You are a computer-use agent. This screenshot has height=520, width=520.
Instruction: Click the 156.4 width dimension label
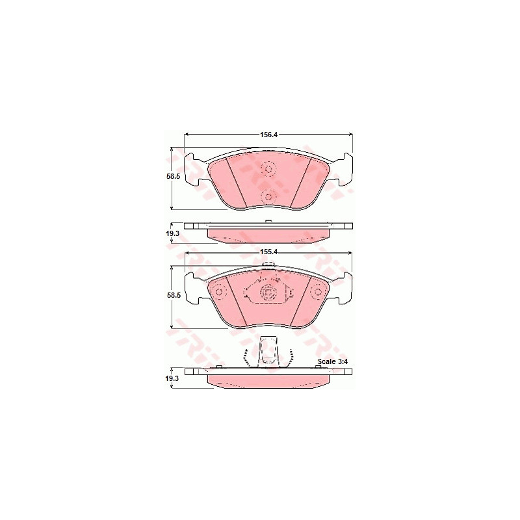pyautogui.click(x=268, y=135)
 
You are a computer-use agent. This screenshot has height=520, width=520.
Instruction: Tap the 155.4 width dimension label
pyautogui.click(x=268, y=252)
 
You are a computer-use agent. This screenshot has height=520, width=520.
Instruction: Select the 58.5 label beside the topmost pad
pyautogui.click(x=173, y=177)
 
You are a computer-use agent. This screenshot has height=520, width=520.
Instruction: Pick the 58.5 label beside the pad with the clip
pyautogui.click(x=174, y=295)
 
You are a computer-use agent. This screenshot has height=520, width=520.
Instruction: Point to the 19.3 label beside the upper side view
pyautogui.click(x=172, y=234)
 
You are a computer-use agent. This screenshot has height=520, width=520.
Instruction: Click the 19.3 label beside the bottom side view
pyautogui.click(x=172, y=378)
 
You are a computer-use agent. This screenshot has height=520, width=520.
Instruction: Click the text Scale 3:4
pyautogui.click(x=332, y=361)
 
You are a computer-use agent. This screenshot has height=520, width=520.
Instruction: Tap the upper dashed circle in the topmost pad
pyautogui.click(x=268, y=169)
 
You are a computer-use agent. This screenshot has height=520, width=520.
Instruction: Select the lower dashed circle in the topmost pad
pyautogui.click(x=268, y=197)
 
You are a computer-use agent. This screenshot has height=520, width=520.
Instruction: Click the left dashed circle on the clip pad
pyautogui.click(x=219, y=292)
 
